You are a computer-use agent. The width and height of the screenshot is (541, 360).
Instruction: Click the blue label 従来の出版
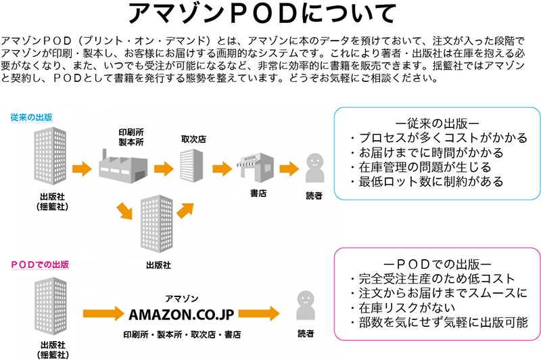coord(31,117)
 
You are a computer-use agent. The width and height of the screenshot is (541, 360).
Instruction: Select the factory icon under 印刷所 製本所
coord(122,164)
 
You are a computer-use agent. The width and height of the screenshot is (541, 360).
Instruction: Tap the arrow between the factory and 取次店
coord(164,168)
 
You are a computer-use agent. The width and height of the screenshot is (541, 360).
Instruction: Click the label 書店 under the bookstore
coord(258,194)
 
